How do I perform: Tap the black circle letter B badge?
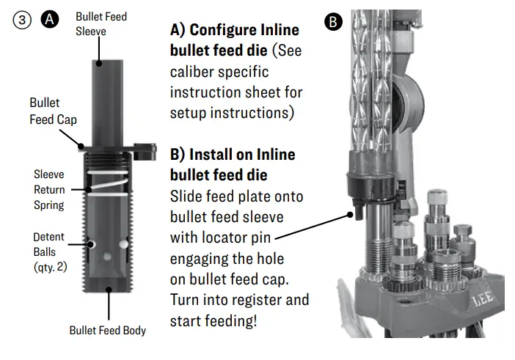(x=333, y=23)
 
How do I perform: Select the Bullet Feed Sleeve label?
(x=101, y=23)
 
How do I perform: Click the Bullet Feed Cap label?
(x=52, y=111)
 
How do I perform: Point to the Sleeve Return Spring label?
(x=49, y=189)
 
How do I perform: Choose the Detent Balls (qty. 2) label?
(x=50, y=252)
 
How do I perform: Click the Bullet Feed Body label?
(x=108, y=330)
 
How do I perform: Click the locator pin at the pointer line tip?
(x=354, y=214)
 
